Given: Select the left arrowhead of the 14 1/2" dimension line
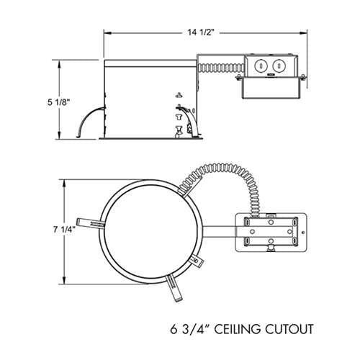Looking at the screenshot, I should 107,31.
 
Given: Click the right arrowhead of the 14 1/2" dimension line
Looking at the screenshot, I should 307,31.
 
